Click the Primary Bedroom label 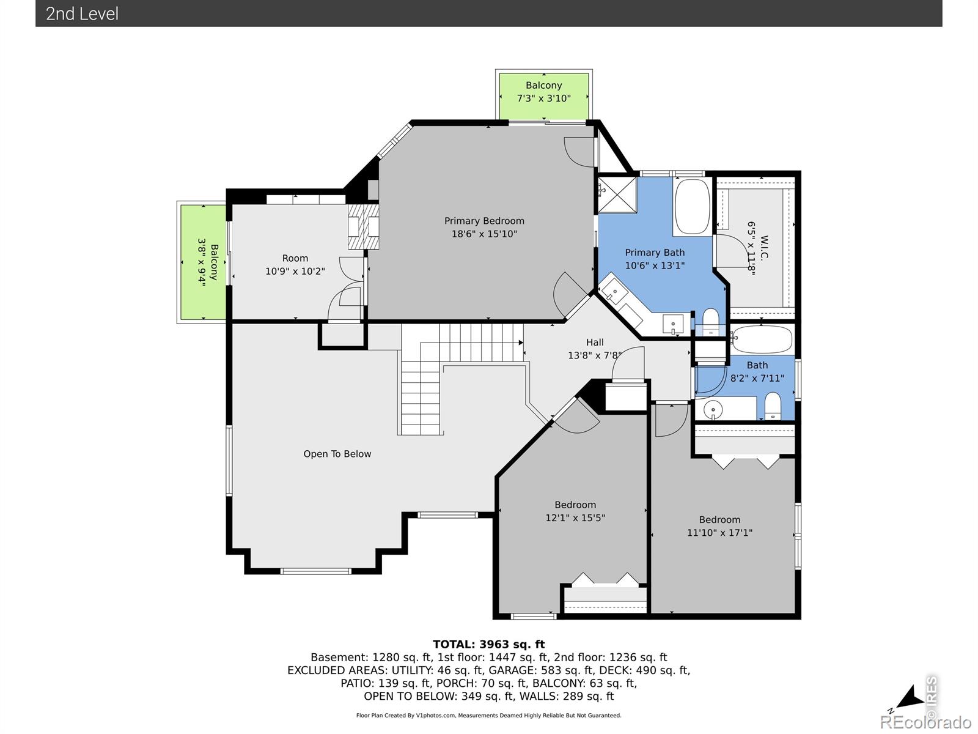(484, 221)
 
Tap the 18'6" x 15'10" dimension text (484, 234)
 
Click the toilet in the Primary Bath (711, 322)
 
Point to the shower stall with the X (617, 196)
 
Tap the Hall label (595, 343)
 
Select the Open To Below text (337, 454)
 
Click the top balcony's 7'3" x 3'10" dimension (543, 98)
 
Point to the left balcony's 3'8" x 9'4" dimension (202, 262)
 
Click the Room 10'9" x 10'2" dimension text (295, 271)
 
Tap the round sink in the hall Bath (713, 409)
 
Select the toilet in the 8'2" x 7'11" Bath (773, 406)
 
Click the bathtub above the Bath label (761, 339)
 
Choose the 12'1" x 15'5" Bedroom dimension (575, 517)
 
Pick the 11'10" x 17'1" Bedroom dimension (719, 532)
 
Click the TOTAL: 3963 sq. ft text (488, 644)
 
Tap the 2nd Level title (82, 14)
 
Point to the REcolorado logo (925, 722)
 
